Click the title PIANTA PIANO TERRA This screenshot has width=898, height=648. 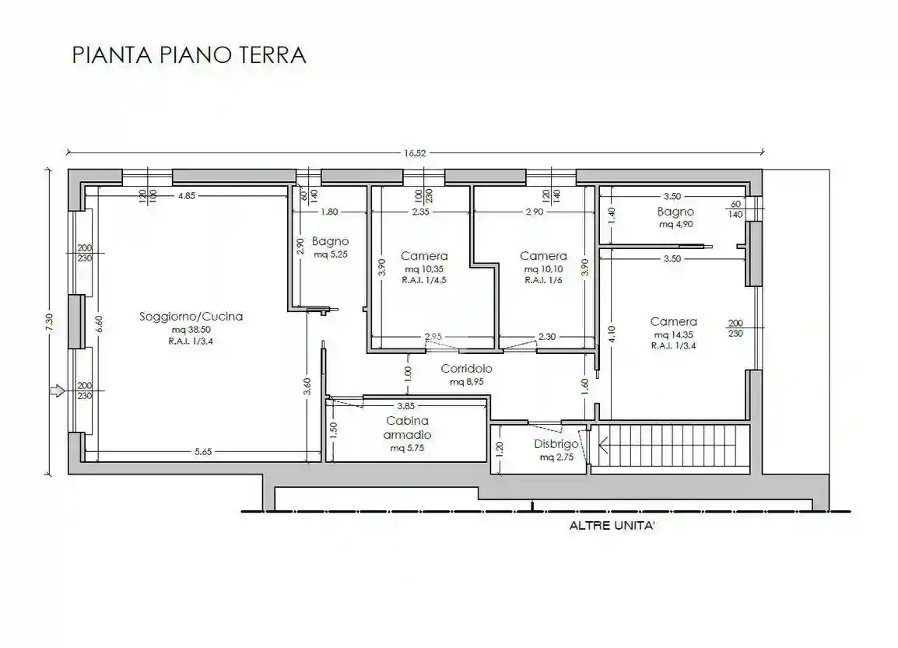[189, 55]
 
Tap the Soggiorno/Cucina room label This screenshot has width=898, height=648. [191, 317]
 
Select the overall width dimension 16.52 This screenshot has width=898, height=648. [415, 153]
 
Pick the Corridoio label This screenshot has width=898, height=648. [466, 369]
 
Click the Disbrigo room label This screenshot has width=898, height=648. [556, 444]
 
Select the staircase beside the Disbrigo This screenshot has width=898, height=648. [669, 449]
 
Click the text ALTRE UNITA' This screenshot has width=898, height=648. [612, 526]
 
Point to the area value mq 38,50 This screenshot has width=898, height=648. [191, 330]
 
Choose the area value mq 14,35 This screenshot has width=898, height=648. [673, 335]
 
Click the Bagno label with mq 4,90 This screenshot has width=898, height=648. [675, 212]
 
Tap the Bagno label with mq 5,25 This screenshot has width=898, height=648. [330, 241]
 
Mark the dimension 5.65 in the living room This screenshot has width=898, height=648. [202, 452]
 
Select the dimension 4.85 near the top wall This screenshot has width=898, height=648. [186, 196]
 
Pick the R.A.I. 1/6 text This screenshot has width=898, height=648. [543, 280]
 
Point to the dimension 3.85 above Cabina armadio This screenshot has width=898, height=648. [405, 405]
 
